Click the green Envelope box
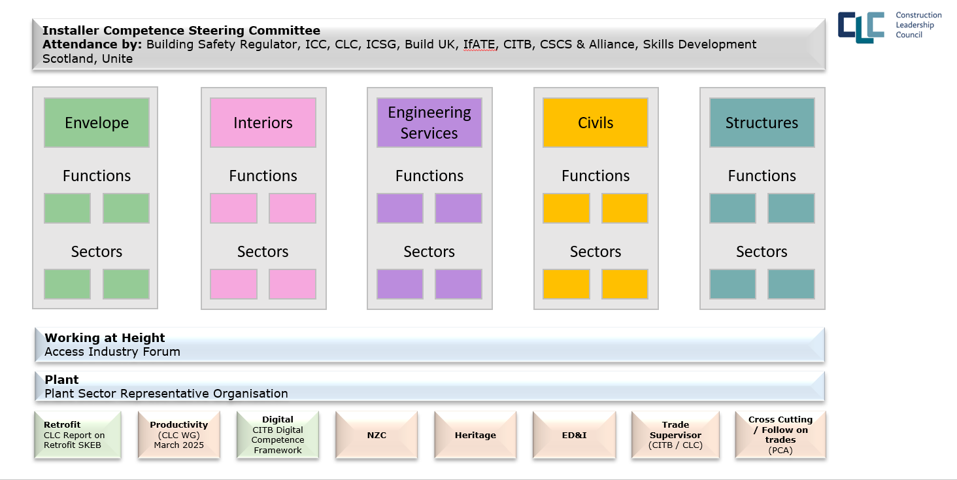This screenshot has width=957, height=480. (97, 123)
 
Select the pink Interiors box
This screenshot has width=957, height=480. (263, 123)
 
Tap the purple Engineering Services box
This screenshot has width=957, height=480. (429, 123)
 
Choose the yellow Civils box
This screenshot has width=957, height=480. (596, 123)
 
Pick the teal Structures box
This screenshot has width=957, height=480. (762, 123)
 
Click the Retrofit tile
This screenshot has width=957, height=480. (78, 435)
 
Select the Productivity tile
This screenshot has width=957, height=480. (179, 435)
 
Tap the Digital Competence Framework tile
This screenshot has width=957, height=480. (278, 435)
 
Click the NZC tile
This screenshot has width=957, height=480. (377, 435)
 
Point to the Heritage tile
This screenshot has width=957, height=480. (475, 435)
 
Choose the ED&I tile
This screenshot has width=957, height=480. (574, 435)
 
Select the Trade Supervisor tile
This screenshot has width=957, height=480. (675, 435)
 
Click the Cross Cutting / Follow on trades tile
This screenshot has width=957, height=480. (781, 435)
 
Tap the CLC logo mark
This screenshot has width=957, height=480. (861, 27)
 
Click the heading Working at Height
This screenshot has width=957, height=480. (105, 337)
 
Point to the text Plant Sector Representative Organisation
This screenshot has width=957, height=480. (166, 394)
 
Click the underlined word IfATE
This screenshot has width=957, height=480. (479, 44)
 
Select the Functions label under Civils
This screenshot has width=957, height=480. (596, 176)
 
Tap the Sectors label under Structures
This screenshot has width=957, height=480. (762, 251)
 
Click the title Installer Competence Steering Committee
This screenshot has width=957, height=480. (181, 30)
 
